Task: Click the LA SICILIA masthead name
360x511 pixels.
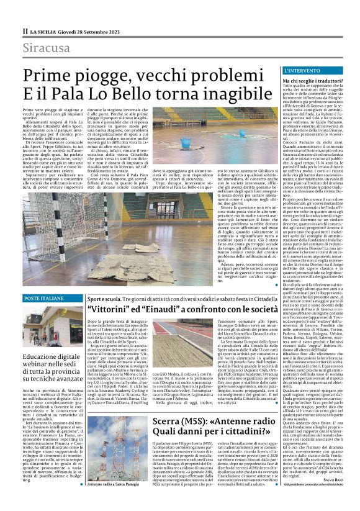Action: pyautogui.click(x=43, y=30)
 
